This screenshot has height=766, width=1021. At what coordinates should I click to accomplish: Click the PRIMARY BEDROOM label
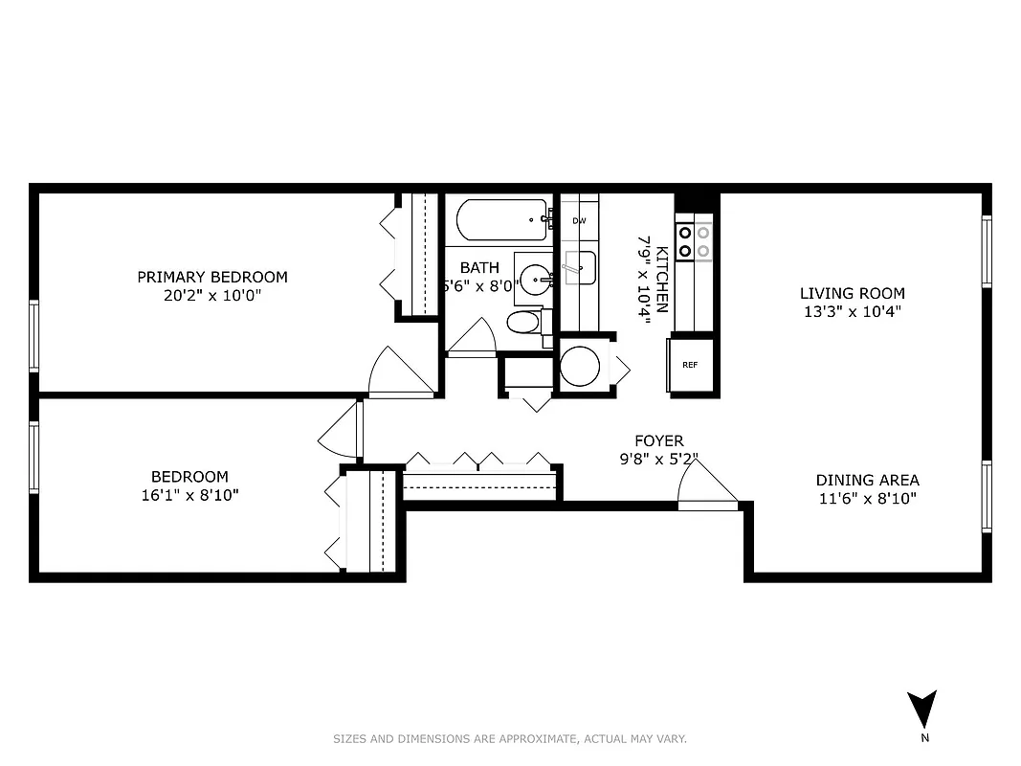pos(211,277)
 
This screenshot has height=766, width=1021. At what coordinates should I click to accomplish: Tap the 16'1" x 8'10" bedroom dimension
pos(189,495)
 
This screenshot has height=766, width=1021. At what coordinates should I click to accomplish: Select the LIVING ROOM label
pos(852,293)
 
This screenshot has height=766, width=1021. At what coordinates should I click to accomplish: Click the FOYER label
pos(659,440)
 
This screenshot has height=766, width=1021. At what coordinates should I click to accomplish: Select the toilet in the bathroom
pos(525,322)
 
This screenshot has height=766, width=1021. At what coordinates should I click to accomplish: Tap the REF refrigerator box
pos(690,365)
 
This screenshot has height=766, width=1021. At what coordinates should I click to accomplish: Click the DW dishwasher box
pos(579,221)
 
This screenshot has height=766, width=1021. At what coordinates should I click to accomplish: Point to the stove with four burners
pos(695,241)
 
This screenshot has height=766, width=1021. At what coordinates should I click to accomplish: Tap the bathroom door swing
pos(473,336)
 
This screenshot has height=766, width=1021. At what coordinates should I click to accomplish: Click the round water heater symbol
pos(580,366)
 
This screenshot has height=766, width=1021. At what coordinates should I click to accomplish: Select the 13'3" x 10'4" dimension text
pos(852,311)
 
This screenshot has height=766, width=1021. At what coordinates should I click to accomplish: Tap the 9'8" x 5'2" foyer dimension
pos(659,459)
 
